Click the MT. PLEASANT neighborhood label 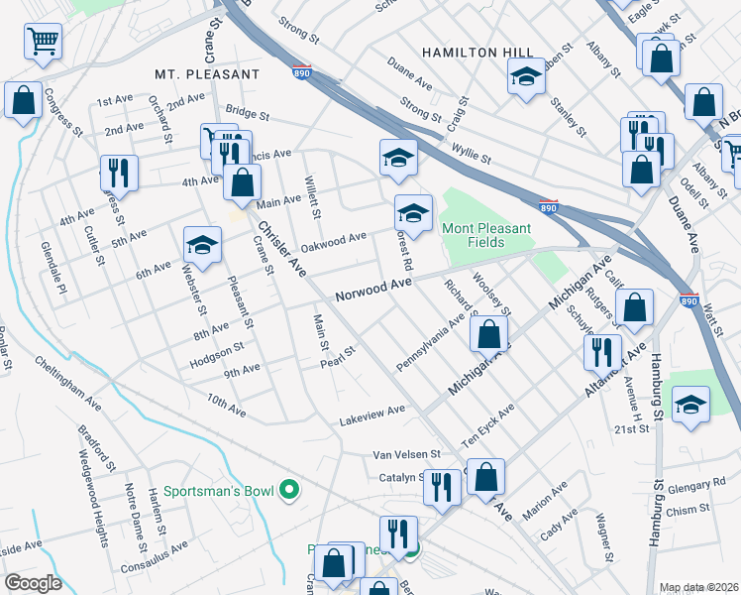click(207, 74)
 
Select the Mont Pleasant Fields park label click(486, 235)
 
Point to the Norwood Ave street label click(372, 290)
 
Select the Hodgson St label click(218, 349)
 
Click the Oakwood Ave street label click(334, 242)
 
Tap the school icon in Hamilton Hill click(526, 75)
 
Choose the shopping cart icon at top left click(43, 41)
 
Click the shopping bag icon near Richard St click(488, 334)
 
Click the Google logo click(33, 583)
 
